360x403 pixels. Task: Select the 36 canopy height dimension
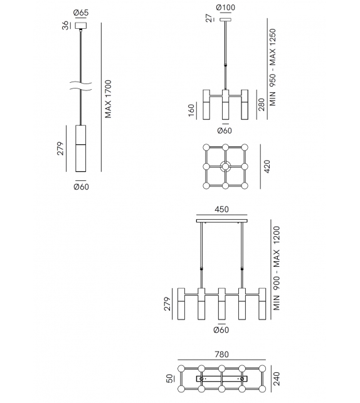pyautogui.click(x=65, y=26)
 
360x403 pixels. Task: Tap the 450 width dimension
pyautogui.click(x=222, y=210)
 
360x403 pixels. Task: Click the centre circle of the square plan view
pyautogui.click(x=225, y=168)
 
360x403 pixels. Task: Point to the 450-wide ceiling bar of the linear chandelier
pyautogui.click(x=222, y=220)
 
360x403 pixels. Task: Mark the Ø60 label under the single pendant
pyautogui.click(x=81, y=186)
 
